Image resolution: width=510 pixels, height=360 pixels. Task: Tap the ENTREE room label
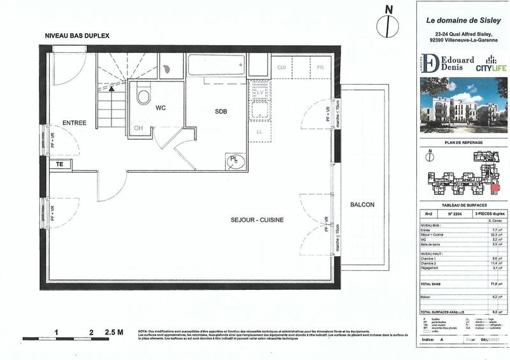74,122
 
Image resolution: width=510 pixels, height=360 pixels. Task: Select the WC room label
160,108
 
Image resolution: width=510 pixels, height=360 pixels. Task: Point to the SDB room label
221,112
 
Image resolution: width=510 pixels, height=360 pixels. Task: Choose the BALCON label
362,205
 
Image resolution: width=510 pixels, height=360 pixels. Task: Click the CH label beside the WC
138,129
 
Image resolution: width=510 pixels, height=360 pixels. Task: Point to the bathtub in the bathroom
215,64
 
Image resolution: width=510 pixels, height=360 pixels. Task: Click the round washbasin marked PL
235,159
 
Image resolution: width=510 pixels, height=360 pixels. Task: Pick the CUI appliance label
280,68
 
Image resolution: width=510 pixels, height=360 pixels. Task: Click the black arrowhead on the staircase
112,89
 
